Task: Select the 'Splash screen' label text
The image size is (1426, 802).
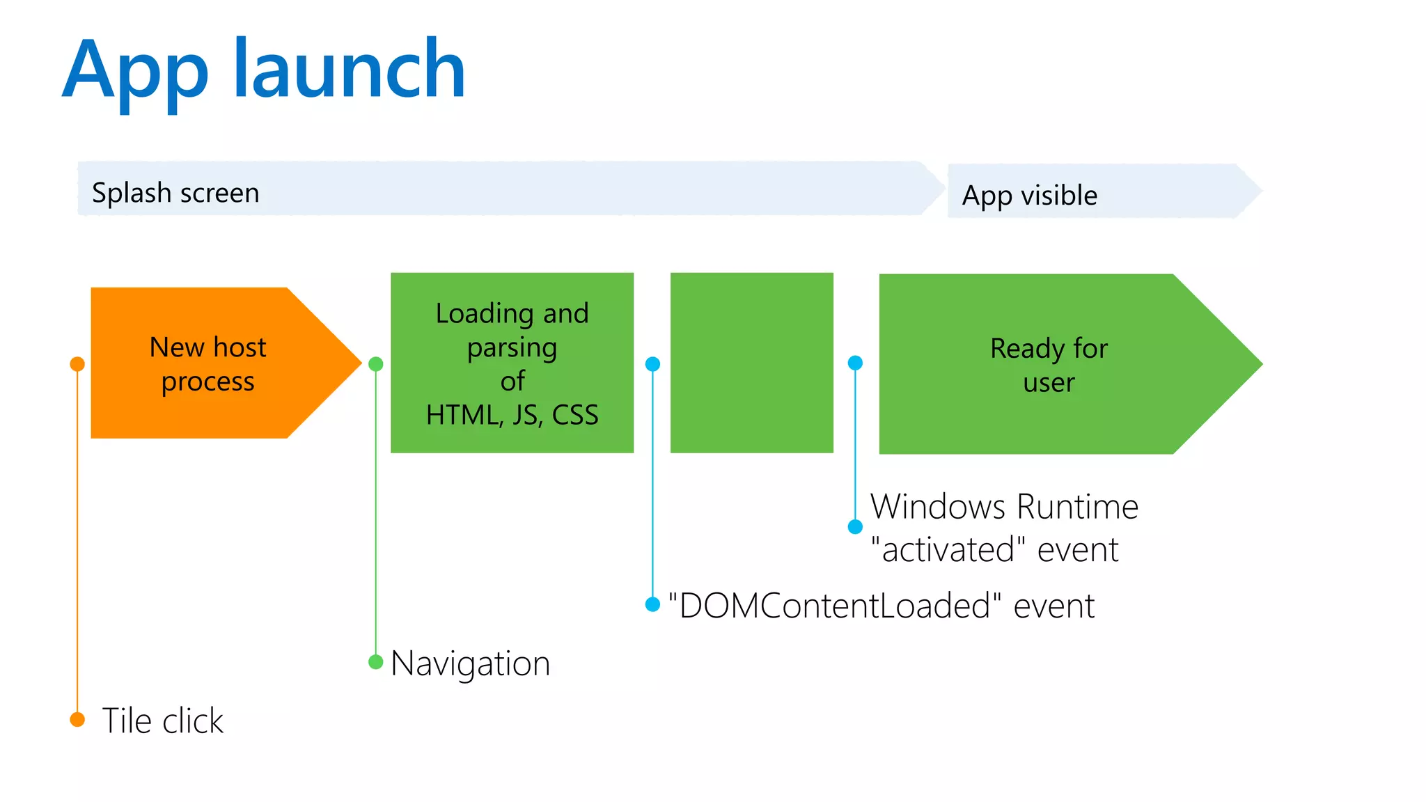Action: point(175,193)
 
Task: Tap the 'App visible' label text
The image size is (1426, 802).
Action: point(1029,196)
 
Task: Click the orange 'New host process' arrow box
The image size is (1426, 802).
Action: point(209,363)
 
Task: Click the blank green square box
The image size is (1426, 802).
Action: point(751,363)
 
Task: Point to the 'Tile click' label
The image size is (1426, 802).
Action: point(162,721)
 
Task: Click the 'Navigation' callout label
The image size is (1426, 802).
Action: point(470,663)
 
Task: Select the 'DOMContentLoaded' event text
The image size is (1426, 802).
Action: point(881,606)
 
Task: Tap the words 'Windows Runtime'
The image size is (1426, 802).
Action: point(1004,507)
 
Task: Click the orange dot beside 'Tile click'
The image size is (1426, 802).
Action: point(77,719)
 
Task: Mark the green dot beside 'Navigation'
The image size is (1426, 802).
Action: point(375,661)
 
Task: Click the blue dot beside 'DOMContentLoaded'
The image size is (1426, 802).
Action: point(652,604)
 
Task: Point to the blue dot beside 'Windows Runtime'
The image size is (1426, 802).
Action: point(855,527)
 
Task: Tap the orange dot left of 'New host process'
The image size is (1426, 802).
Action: point(77,364)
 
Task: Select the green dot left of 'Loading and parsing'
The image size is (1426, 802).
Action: point(375,364)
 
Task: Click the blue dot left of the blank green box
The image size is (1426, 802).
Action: point(652,364)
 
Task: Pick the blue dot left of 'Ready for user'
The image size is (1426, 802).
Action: point(855,363)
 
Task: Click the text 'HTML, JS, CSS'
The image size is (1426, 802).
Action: point(512,415)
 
